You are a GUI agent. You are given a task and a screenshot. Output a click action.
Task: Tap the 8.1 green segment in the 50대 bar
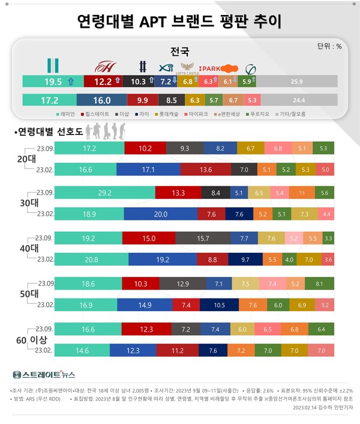[319, 283]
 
